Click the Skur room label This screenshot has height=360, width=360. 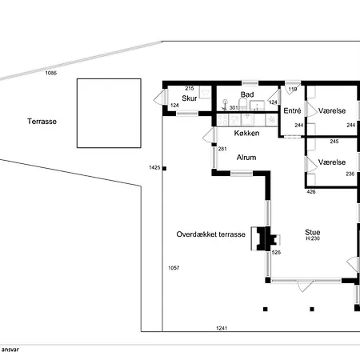190,98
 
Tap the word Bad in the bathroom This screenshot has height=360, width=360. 247,94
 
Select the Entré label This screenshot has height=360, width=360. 292,110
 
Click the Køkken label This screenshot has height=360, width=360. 246,133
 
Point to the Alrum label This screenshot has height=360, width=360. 246,158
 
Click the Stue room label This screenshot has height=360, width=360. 313,232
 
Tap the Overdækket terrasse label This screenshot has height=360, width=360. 210,234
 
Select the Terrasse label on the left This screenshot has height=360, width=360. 42,122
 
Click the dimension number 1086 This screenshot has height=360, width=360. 50,73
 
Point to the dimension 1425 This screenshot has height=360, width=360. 154,167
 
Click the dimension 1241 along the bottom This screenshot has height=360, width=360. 222,328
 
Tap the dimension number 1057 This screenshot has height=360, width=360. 174,268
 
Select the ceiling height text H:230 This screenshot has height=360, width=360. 313,238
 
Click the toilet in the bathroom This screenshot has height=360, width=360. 242,104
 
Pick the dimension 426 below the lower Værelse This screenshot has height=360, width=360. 311,191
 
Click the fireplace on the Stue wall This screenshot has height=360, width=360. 266,238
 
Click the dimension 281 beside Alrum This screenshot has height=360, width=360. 222,149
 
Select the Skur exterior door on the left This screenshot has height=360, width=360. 161,97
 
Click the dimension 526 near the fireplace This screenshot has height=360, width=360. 276,252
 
